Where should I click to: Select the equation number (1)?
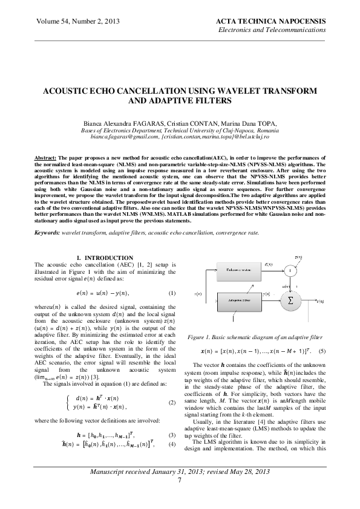pos(171,293)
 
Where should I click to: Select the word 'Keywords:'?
pos(50,232)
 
